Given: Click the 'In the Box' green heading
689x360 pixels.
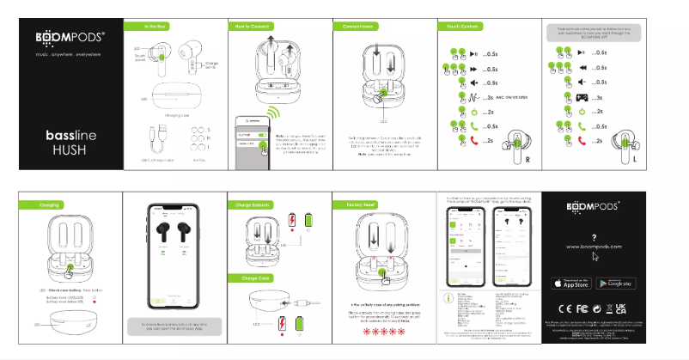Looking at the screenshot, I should tap(155, 27).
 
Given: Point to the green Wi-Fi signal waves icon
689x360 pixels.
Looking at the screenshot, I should tap(276, 114).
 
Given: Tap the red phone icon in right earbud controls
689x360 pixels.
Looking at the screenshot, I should tap(470, 141).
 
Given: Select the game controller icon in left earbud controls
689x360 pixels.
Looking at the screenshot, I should tap(581, 97).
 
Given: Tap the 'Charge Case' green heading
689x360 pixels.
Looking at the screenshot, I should tap(251, 278).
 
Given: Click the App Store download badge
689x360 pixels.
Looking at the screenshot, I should tap(570, 283).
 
